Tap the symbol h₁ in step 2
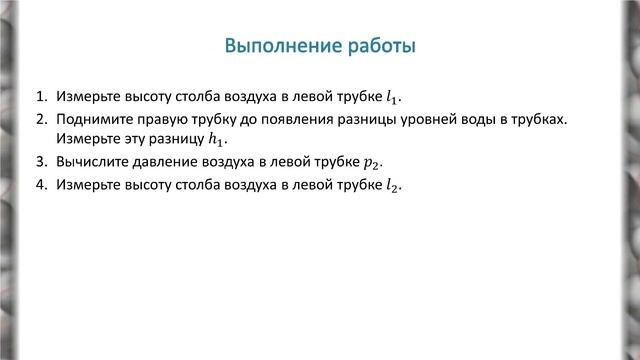(204, 141)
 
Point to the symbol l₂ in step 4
(391, 185)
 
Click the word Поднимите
(91, 120)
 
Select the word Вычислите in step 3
(93, 162)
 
